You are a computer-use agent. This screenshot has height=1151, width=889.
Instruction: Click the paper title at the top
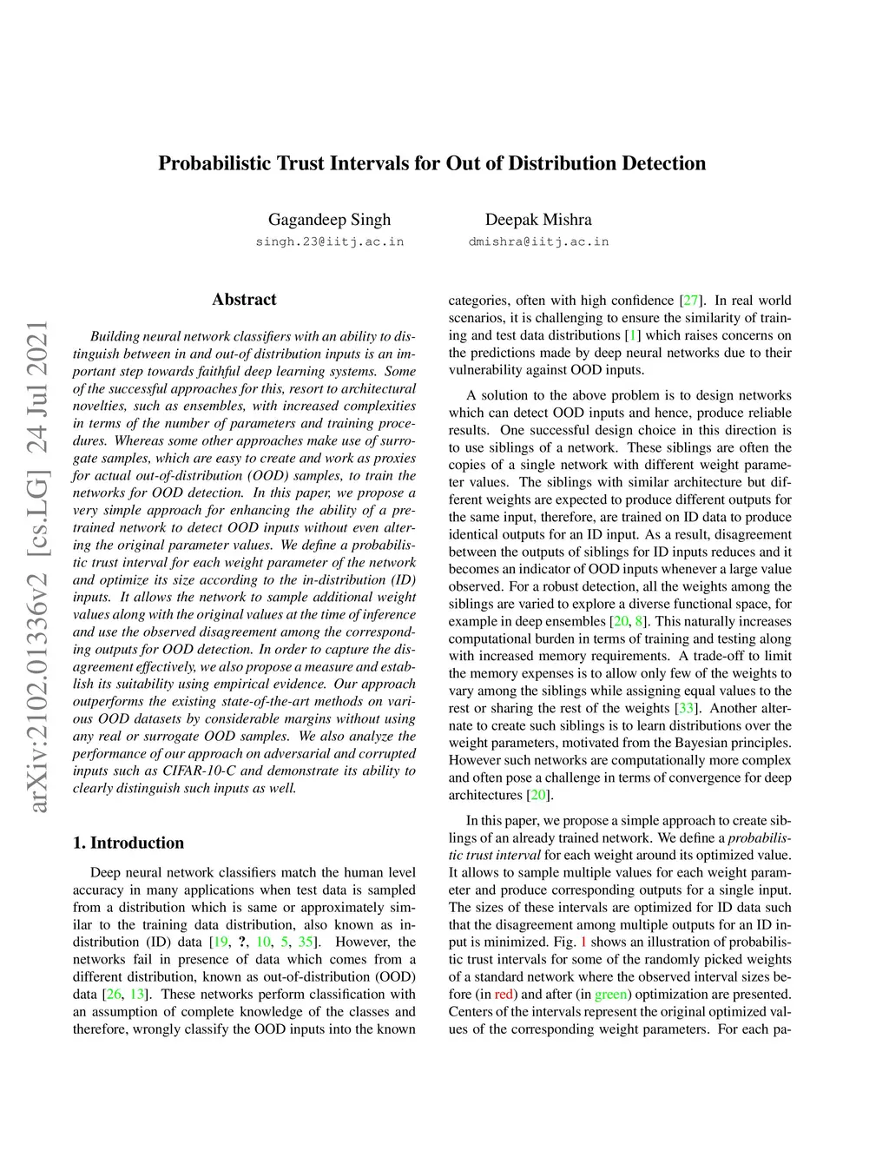click(x=431, y=163)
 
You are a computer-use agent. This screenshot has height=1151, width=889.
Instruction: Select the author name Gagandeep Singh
click(x=329, y=220)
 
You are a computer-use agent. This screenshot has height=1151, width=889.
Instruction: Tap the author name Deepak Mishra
click(x=538, y=220)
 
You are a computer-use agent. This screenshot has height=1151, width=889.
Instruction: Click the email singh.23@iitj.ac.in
click(x=329, y=241)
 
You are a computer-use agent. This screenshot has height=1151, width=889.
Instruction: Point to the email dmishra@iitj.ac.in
click(x=538, y=241)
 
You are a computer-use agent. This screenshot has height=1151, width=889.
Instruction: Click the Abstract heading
click(x=244, y=300)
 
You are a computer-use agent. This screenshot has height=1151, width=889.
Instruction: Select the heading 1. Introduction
click(x=128, y=843)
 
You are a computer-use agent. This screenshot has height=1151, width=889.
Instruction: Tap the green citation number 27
click(x=690, y=301)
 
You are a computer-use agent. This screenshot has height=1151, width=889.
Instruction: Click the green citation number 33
click(x=686, y=708)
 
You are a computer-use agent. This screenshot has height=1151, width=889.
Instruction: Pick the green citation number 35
click(x=306, y=942)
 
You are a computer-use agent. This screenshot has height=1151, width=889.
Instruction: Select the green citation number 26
click(x=112, y=994)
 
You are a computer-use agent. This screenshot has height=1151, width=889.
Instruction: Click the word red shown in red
click(x=504, y=994)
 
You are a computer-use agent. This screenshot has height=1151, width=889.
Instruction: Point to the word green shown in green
click(x=610, y=994)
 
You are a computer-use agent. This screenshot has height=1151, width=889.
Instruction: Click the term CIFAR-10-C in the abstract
click(x=210, y=771)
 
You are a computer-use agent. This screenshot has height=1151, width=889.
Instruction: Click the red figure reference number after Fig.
click(x=583, y=942)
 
